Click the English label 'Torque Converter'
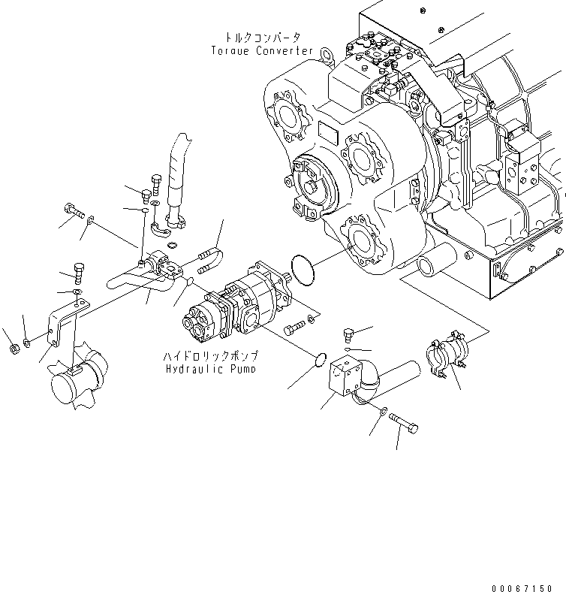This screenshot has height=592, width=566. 262,50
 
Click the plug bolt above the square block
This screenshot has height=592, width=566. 347,334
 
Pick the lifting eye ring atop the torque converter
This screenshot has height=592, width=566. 326,53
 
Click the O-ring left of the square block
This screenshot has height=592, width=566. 318,362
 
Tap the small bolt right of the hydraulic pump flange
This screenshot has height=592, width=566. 298,325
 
